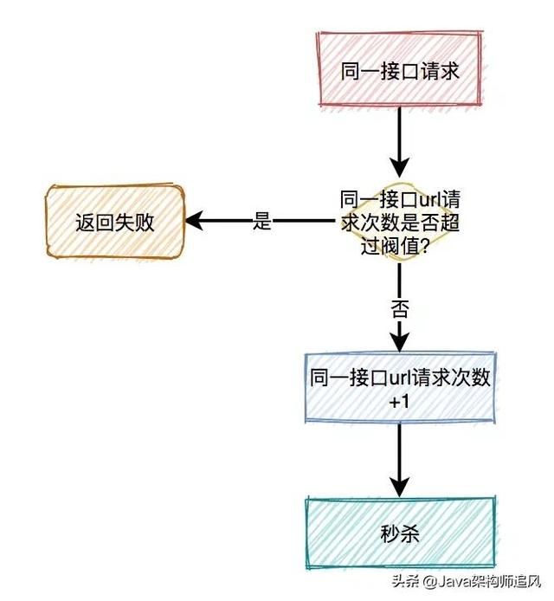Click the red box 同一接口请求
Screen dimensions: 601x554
tap(399, 70)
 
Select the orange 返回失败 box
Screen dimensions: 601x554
tap(114, 222)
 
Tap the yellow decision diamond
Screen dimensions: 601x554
tap(399, 222)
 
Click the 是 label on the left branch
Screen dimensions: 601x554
tap(262, 222)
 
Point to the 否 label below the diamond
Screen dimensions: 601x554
tap(399, 310)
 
